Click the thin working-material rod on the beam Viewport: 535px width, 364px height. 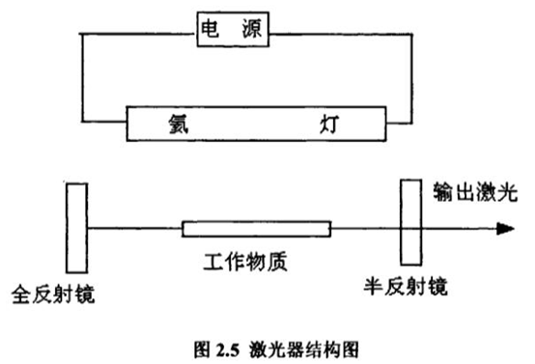(256, 228)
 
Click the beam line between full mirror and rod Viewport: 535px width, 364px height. (135, 228)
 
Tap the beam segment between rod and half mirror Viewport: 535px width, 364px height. (365, 228)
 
